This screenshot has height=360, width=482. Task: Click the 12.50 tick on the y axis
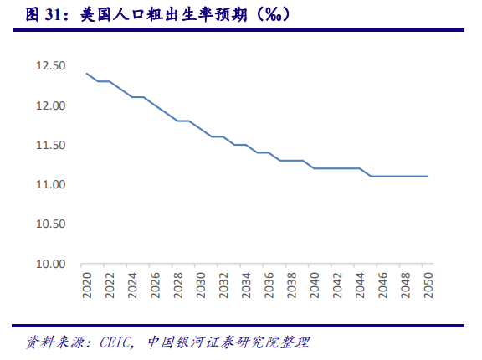pos(49,65)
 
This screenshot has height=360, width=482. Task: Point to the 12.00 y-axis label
pos(49,105)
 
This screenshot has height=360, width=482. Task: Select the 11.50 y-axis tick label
pos(49,145)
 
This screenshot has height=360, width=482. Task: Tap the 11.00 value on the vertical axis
pos(49,184)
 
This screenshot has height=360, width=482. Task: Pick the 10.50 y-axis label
pos(49,224)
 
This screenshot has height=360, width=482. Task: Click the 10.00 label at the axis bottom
pos(49,264)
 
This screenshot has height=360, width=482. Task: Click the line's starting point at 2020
pos(86,74)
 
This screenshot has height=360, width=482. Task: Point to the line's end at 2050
pos(428,177)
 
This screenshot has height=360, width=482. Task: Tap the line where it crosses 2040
pos(314,168)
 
